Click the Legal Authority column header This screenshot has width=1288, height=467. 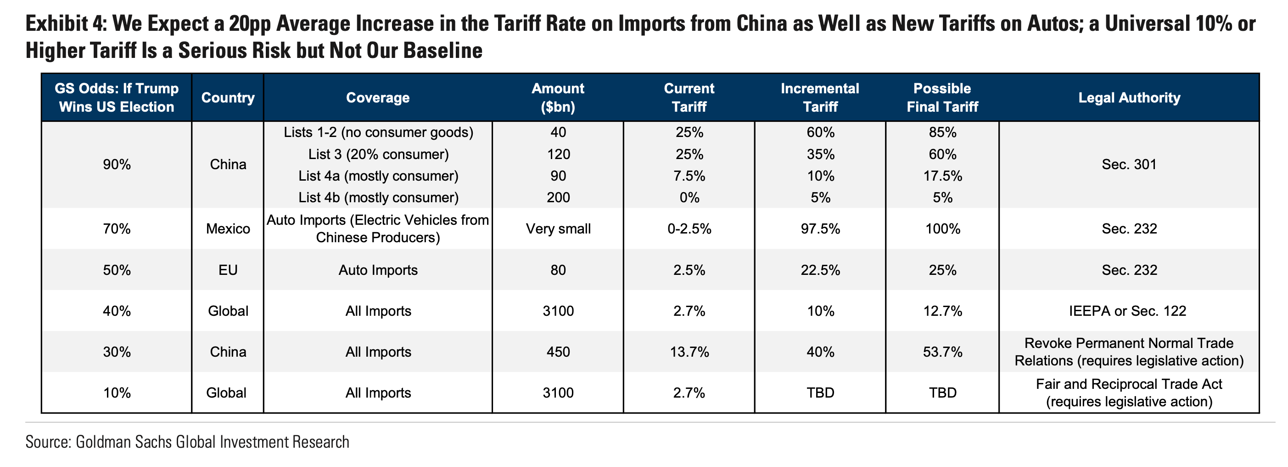pos(1129,97)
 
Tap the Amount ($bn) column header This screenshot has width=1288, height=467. pos(558,97)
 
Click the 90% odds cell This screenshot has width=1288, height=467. pos(117,165)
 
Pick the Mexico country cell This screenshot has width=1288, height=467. pos(228,229)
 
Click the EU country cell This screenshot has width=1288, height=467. pos(228,270)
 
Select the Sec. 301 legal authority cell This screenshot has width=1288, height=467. pos(1129,165)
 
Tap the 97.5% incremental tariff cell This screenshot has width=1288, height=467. pos(820,229)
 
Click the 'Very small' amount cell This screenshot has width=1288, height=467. pos(558,229)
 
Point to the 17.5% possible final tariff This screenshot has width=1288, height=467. pos(942,176)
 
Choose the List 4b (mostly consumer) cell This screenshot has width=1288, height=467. pos(378,197)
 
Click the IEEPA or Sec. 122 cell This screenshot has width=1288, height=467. pos(1129,311)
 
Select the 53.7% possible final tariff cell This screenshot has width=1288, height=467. pos(942,352)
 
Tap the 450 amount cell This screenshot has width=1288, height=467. pos(558,352)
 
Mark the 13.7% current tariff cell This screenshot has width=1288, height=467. pos(689,352)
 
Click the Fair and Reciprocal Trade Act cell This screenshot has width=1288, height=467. pos(1129,393)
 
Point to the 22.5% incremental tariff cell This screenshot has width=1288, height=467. pos(820,270)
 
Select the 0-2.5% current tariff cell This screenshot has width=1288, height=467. pos(689,229)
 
